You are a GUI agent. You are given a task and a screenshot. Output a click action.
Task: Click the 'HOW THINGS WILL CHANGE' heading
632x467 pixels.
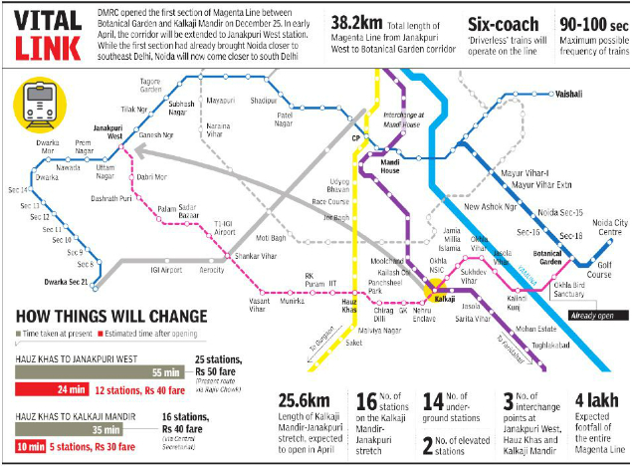coord(111,318)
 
